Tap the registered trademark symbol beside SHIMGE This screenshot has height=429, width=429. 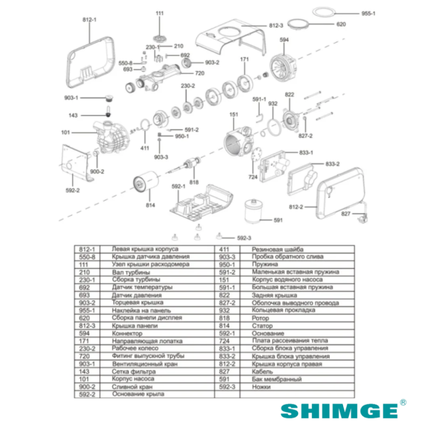[x=403, y=402]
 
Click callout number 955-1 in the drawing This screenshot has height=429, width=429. [x=368, y=14]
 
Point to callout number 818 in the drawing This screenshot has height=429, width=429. [x=194, y=182]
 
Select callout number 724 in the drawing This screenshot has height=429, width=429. [x=252, y=177]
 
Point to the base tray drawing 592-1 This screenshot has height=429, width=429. [x=202, y=202]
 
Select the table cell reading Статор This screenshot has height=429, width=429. [x=261, y=327]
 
